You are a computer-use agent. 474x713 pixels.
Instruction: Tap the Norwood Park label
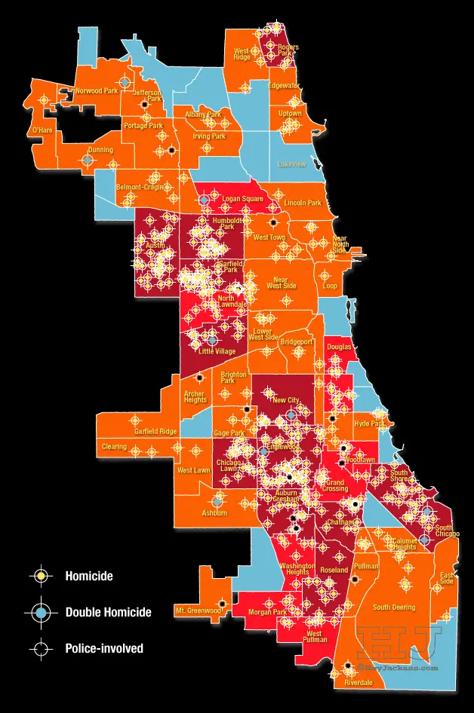pos(97,90)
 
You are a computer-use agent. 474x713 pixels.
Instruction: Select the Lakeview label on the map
pos(291,164)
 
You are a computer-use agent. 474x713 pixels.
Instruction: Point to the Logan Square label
pos(242,199)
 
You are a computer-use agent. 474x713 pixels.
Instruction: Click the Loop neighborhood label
pos(330,286)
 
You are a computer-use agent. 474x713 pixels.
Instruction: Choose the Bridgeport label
pos(297,341)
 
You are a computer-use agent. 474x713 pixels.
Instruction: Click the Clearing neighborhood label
pos(114,446)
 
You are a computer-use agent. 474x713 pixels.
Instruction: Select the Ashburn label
pos(214,513)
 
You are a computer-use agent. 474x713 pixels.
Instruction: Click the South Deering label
pos(393,607)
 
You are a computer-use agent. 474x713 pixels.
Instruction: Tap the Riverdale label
pos(358,683)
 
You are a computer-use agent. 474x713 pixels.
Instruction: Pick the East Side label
pos(447,578)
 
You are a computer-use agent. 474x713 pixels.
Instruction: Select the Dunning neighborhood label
pos(100,150)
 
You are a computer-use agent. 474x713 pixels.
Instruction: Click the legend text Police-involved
pos(104,648)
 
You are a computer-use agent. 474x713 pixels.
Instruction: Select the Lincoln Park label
pos(303,203)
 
